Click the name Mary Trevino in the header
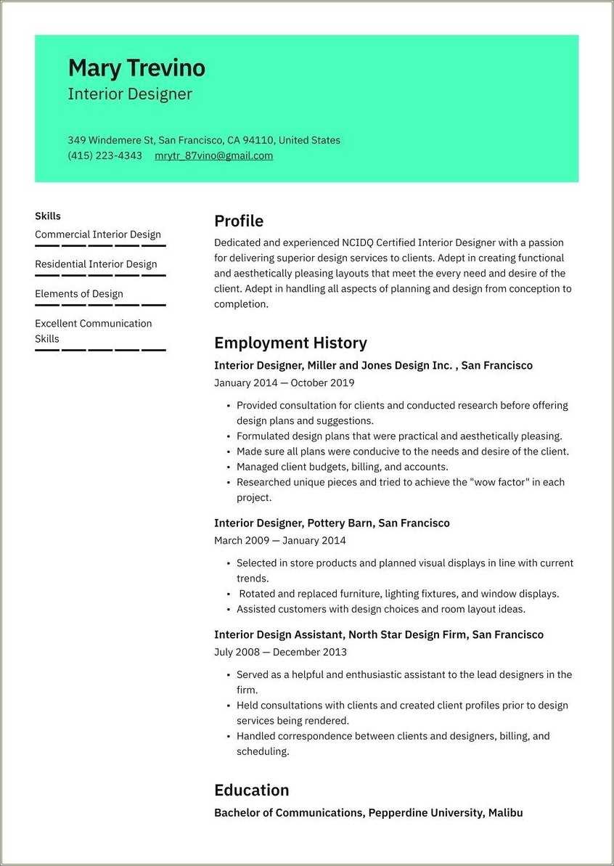pos(136,68)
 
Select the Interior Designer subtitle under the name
pos(130,94)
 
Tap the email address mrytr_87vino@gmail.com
pos(213,155)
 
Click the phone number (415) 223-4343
pos(105,155)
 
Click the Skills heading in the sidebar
pos(48,216)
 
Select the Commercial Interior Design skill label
pos(98,234)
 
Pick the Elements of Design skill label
pos(79,294)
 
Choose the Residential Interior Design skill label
pos(96,264)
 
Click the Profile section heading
pos(239,221)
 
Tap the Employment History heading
pos(290,343)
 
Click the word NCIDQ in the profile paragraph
pos(358,242)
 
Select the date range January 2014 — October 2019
pos(285,383)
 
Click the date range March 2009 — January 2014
pos(280,540)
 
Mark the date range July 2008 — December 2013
pos(280,652)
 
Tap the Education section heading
pos(252,790)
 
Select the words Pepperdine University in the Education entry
pos(425,813)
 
